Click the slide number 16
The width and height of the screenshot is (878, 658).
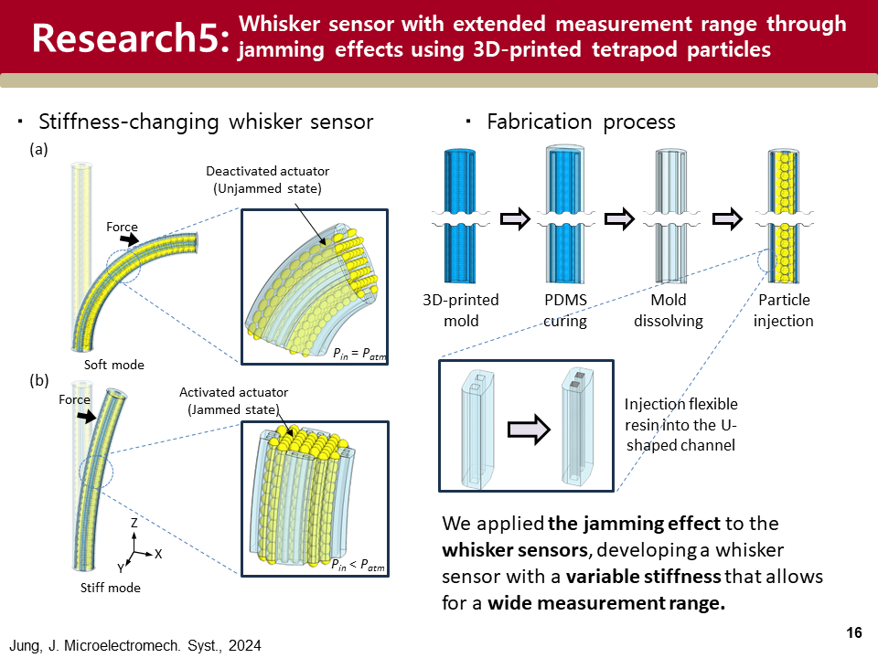[x=855, y=632]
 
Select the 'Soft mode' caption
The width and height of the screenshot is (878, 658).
[x=114, y=365]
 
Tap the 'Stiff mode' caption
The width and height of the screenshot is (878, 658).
[x=111, y=587]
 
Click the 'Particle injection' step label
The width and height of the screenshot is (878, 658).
[x=784, y=310]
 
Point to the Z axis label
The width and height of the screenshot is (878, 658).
[x=134, y=524]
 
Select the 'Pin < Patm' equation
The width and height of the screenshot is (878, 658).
[x=358, y=566]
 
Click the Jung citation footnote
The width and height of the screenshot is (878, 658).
[x=136, y=645]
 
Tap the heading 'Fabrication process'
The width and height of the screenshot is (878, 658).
[x=581, y=122]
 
